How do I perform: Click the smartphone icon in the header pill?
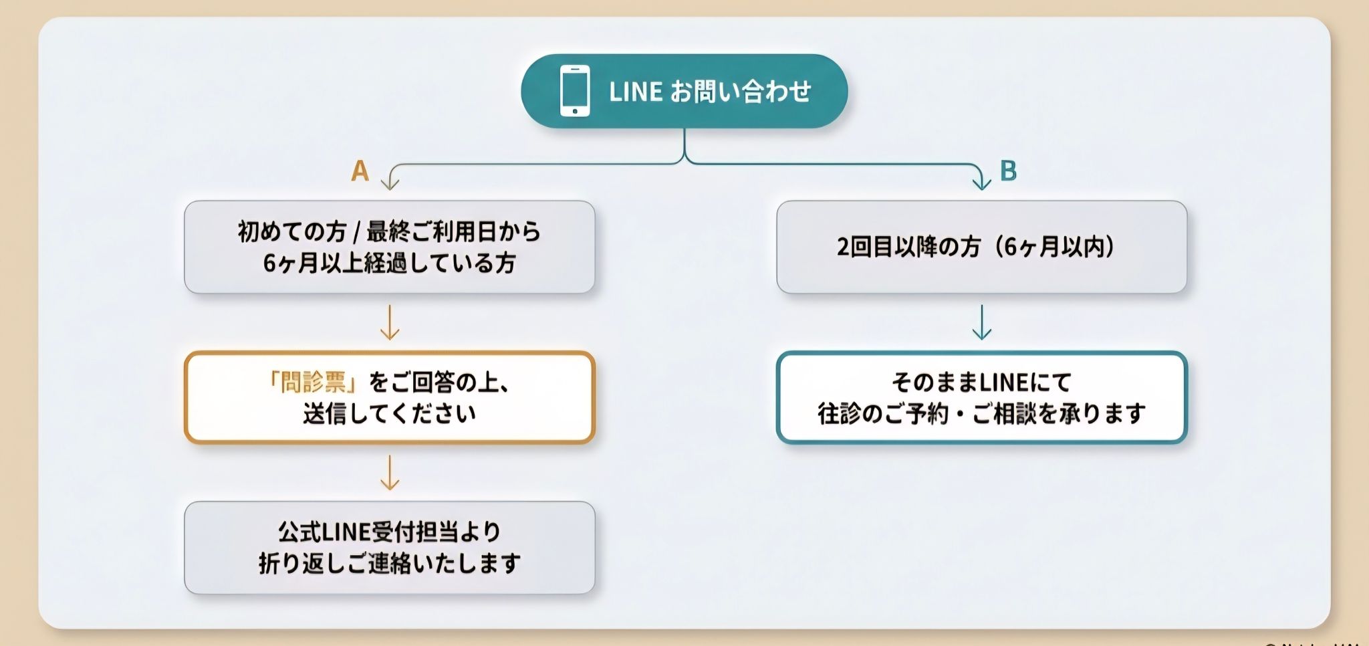575,91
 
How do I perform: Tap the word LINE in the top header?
635,92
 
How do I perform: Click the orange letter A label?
360,171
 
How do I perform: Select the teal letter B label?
1008,171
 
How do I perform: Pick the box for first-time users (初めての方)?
389,247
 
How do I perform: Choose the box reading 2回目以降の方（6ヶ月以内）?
981,247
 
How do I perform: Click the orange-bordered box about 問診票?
389,397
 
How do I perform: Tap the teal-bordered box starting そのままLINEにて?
981,397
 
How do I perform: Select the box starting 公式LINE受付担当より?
389,547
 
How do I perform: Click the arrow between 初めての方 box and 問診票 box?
389,322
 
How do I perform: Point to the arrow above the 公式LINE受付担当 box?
389,473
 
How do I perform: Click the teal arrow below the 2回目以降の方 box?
981,322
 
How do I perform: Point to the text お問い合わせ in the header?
741,92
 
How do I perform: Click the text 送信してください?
389,414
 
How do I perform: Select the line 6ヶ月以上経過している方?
389,263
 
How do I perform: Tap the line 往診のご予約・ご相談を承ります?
981,414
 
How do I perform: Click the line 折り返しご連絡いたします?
389,564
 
